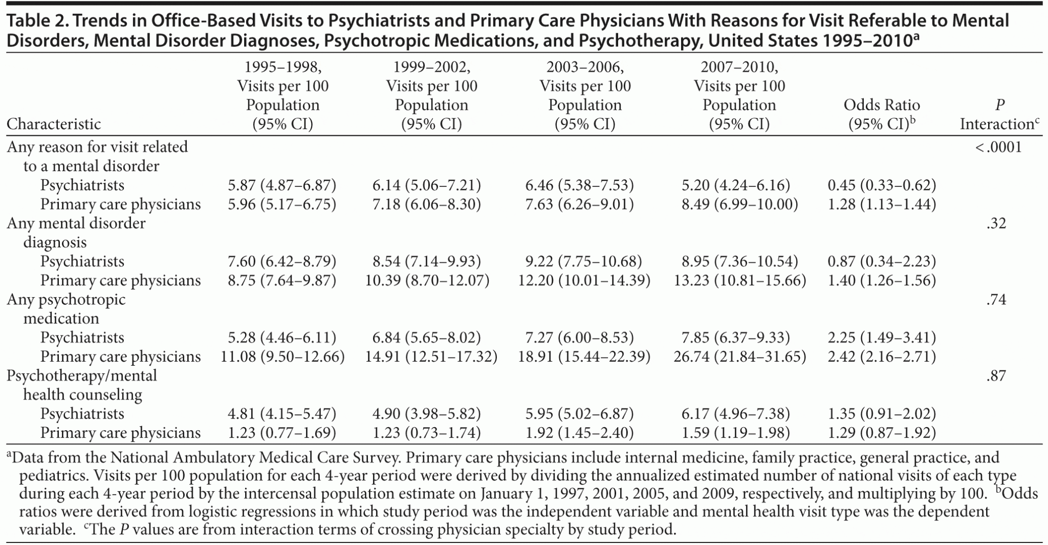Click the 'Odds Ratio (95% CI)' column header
882,114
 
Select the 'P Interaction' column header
999,114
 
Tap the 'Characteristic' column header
54,124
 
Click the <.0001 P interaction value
998,148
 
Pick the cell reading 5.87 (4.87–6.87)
282,185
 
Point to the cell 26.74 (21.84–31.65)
739,357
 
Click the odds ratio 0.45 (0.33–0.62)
882,185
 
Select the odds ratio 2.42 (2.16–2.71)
882,357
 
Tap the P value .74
996,300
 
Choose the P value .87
996,376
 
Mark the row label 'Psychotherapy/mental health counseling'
82,385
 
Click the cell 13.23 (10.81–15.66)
739,281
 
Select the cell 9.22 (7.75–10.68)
584,262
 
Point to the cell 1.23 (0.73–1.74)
427,433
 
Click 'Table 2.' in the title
35,20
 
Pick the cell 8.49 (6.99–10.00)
739,204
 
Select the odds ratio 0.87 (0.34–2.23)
882,262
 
